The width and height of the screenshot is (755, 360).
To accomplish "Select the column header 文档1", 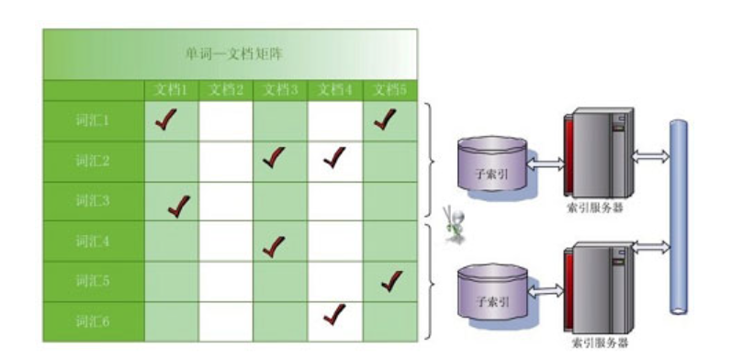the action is (171, 90).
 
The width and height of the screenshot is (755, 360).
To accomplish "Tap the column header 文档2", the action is (225, 90).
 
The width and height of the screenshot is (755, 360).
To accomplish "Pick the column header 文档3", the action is (280, 90).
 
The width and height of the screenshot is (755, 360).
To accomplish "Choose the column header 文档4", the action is (335, 90).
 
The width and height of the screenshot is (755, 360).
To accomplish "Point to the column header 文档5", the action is (390, 90).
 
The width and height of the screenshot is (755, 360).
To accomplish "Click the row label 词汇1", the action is (93, 120).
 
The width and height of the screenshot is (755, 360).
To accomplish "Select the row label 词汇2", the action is (93, 161).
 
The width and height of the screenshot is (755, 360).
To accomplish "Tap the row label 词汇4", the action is (93, 242).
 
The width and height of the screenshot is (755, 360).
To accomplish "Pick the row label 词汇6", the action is (93, 321).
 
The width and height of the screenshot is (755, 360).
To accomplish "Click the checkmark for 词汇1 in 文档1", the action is (165, 119).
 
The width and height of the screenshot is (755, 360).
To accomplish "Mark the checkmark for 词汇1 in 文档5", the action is (386, 118).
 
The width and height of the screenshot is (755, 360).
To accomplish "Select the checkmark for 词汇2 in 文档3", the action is (274, 158).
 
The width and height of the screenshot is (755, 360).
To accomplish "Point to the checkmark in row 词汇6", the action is (334, 314).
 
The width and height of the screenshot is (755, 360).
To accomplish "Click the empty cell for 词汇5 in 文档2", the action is (225, 282).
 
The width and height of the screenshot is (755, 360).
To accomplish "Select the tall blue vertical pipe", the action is (681, 216).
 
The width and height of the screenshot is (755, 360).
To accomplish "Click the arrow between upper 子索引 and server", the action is (547, 164).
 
